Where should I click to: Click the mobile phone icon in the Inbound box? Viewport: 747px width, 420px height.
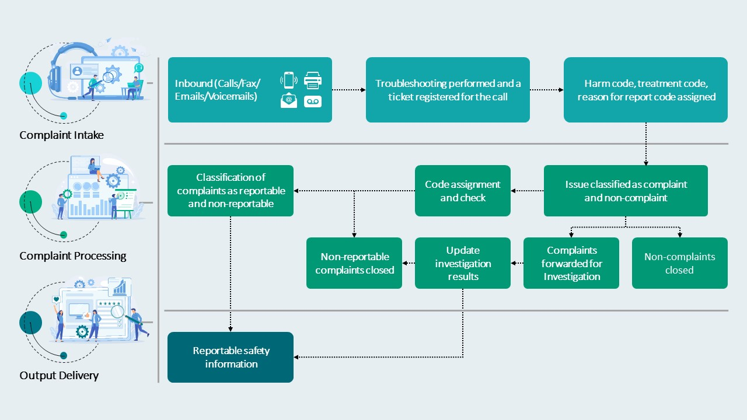(x=289, y=80)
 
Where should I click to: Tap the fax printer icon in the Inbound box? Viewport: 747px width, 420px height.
(x=313, y=80)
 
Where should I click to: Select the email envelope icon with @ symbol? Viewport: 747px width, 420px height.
(x=289, y=100)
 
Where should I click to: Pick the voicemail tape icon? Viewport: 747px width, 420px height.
(x=313, y=101)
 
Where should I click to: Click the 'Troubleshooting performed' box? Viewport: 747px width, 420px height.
(x=448, y=90)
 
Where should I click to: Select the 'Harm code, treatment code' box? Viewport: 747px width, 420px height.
(x=645, y=90)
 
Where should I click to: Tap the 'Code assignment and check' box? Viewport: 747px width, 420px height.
(x=463, y=191)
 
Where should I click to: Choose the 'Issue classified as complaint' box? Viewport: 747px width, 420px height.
(x=626, y=191)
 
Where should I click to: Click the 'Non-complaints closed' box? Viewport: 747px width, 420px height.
(x=680, y=263)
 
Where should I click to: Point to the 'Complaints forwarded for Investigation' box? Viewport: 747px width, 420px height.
(x=571, y=263)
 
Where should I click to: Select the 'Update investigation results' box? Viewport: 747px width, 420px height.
(x=463, y=263)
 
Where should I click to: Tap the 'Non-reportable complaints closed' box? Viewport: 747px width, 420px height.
(x=354, y=263)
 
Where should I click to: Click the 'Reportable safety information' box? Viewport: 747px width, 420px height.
(x=231, y=357)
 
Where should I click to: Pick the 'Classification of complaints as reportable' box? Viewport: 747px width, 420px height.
(x=231, y=191)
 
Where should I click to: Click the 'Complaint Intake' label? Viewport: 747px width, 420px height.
(x=61, y=135)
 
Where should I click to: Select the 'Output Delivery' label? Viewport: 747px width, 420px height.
(x=59, y=375)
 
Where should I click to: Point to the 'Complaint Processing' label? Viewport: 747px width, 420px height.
(x=73, y=256)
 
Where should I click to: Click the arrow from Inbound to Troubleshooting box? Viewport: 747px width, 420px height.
(x=349, y=90)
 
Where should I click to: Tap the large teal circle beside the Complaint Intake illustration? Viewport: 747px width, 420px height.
(x=31, y=83)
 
